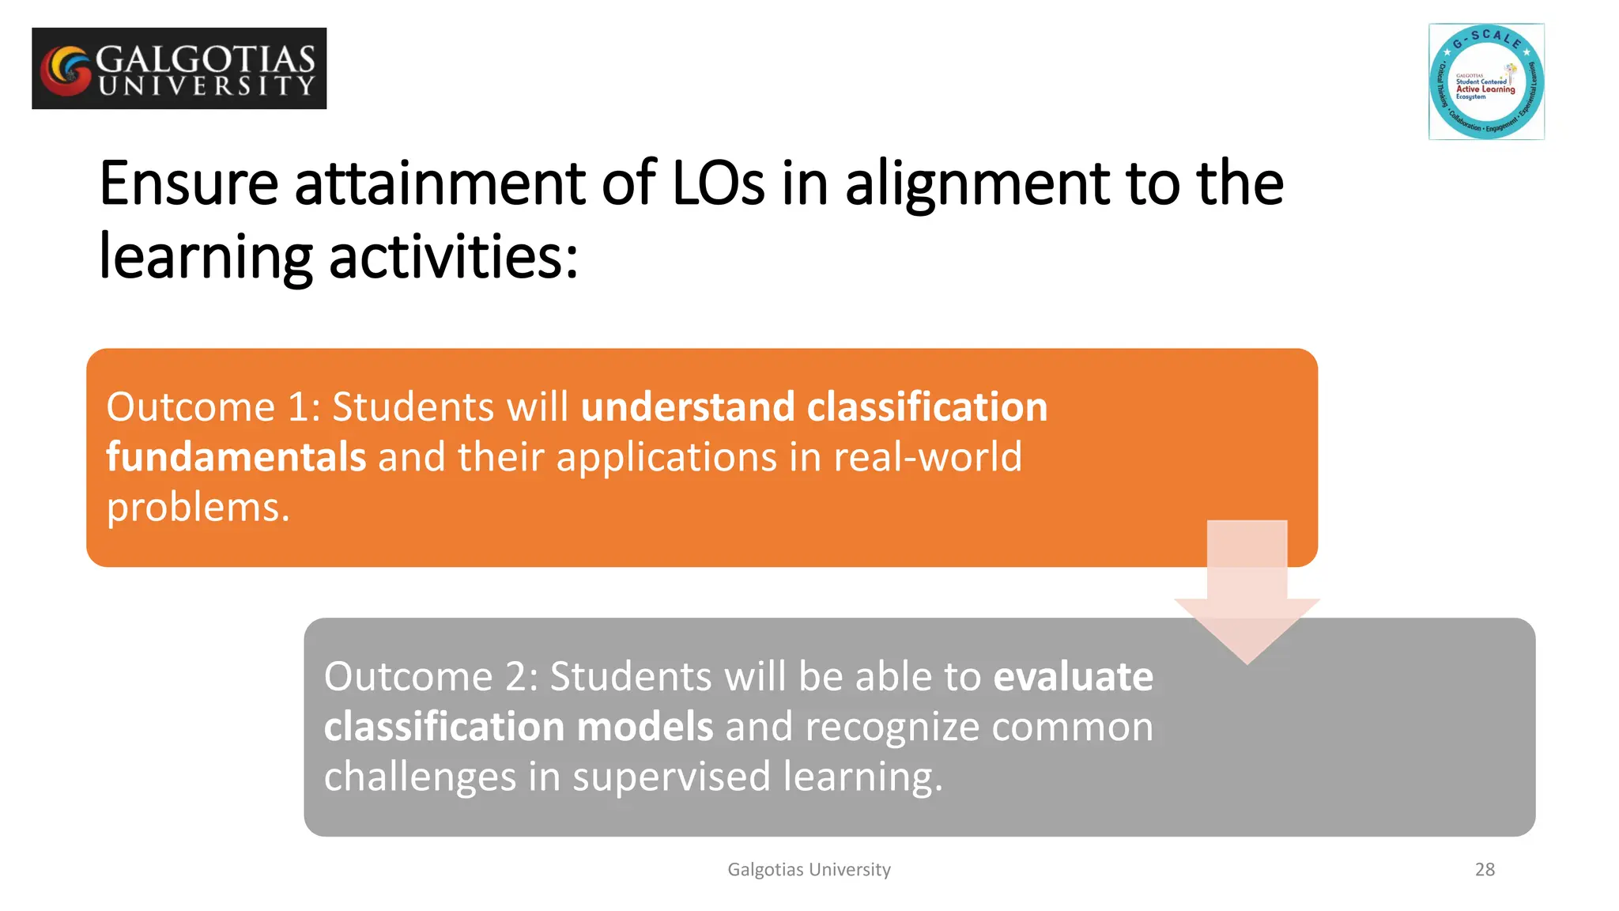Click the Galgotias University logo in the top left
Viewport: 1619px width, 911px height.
point(179,69)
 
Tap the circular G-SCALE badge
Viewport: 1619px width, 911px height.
point(1486,82)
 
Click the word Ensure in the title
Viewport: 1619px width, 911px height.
point(188,183)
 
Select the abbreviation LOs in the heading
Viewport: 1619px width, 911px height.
point(718,183)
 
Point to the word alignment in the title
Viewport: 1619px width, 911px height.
point(977,185)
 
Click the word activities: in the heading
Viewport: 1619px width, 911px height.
point(453,258)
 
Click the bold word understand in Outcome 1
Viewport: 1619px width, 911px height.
point(687,407)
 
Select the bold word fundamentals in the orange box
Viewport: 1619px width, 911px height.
point(236,457)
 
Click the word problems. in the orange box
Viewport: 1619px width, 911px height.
point(198,508)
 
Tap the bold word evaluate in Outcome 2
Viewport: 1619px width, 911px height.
point(1073,677)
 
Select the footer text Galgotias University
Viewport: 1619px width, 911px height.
point(809,869)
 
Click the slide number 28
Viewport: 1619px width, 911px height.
point(1485,869)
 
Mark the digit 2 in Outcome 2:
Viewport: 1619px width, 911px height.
point(515,677)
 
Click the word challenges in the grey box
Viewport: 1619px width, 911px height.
point(420,777)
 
